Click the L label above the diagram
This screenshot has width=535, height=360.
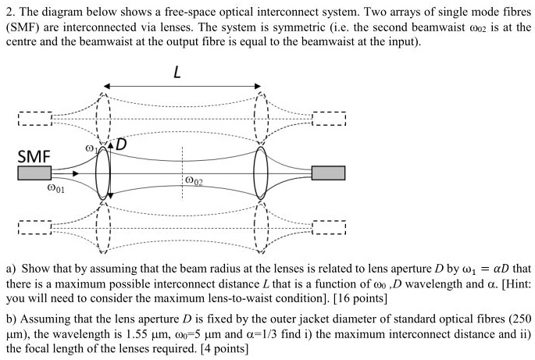pyautogui.click(x=178, y=73)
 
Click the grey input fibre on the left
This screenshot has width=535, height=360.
pyautogui.click(x=34, y=173)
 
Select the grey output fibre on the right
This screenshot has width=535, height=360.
pyautogui.click(x=328, y=173)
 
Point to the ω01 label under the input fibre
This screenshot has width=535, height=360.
pyautogui.click(x=55, y=188)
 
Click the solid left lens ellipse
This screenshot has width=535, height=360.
pyautogui.click(x=103, y=173)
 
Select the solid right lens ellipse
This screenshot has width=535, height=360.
pyautogui.click(x=262, y=173)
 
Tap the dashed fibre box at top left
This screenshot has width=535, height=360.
pyautogui.click(x=34, y=119)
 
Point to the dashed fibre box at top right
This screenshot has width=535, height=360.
pyautogui.click(x=328, y=119)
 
